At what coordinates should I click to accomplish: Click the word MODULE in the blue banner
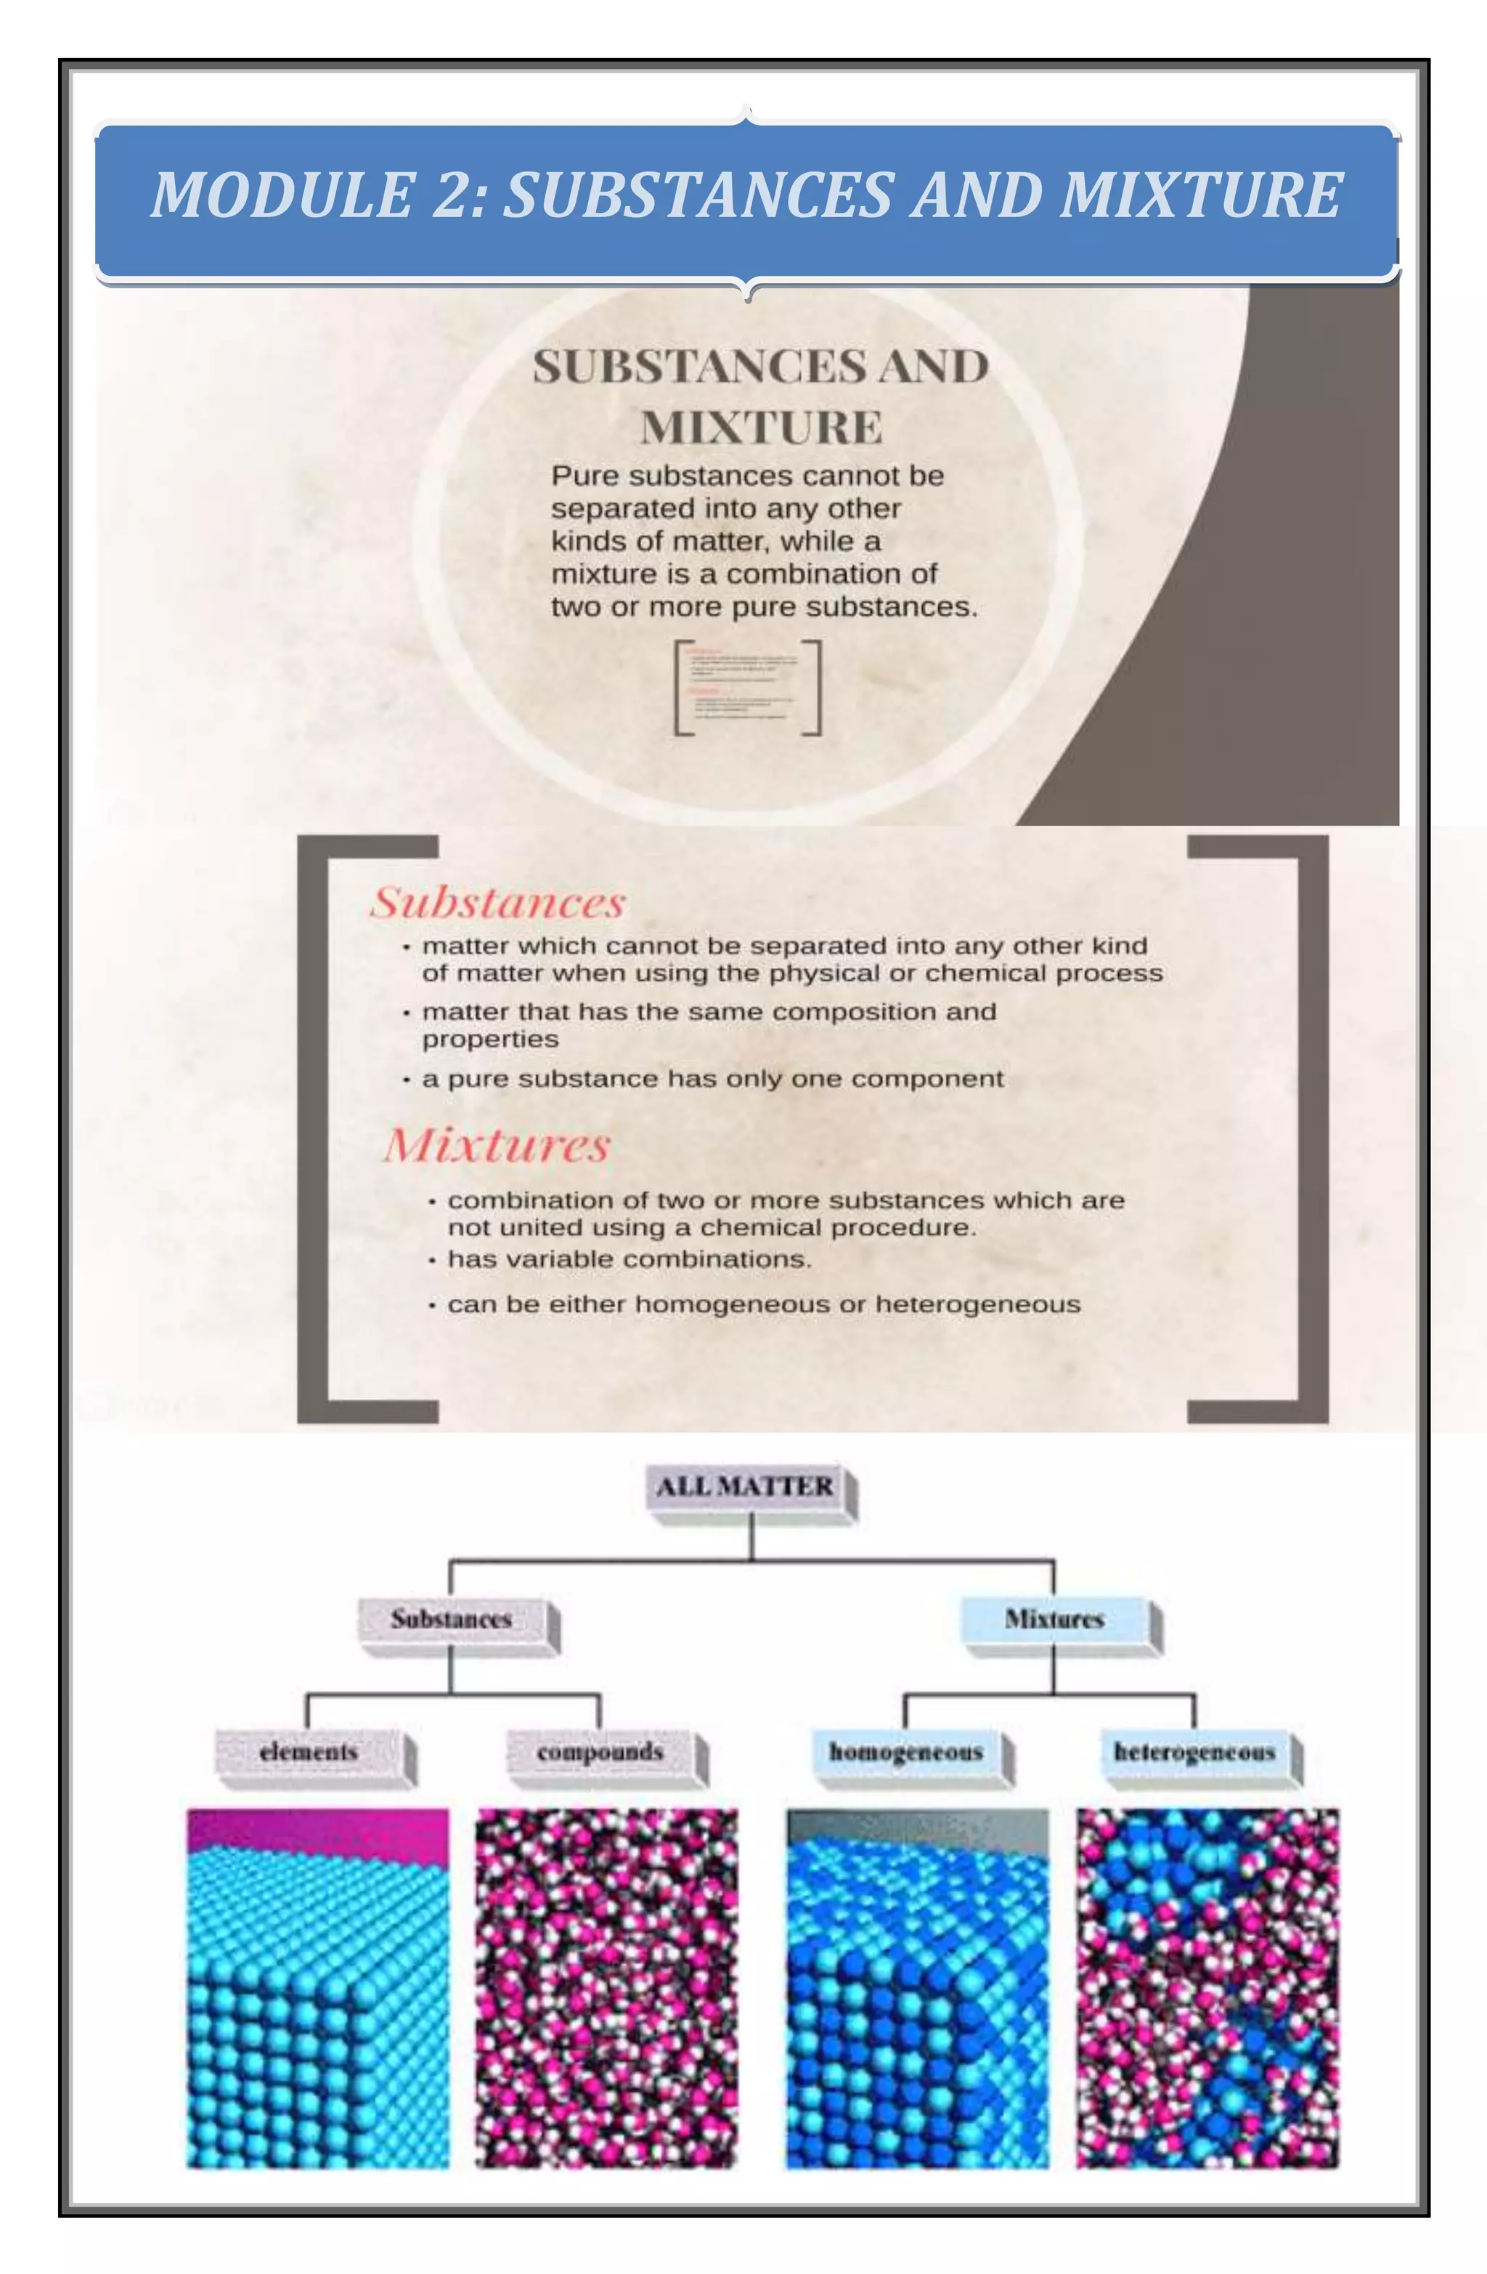tap(282, 195)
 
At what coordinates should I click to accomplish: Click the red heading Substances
tap(498, 903)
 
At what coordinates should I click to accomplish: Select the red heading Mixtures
tap(497, 1145)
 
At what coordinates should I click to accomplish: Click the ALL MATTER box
tap(746, 1487)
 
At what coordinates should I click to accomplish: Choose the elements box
tap(309, 1751)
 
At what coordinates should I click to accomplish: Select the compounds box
tap(600, 1751)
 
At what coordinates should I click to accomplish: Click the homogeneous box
tap(906, 1751)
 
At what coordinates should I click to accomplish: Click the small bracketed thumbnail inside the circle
tap(747, 687)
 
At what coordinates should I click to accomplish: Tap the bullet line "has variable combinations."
tap(629, 1259)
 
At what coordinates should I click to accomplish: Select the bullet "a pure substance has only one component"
tap(712, 1079)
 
